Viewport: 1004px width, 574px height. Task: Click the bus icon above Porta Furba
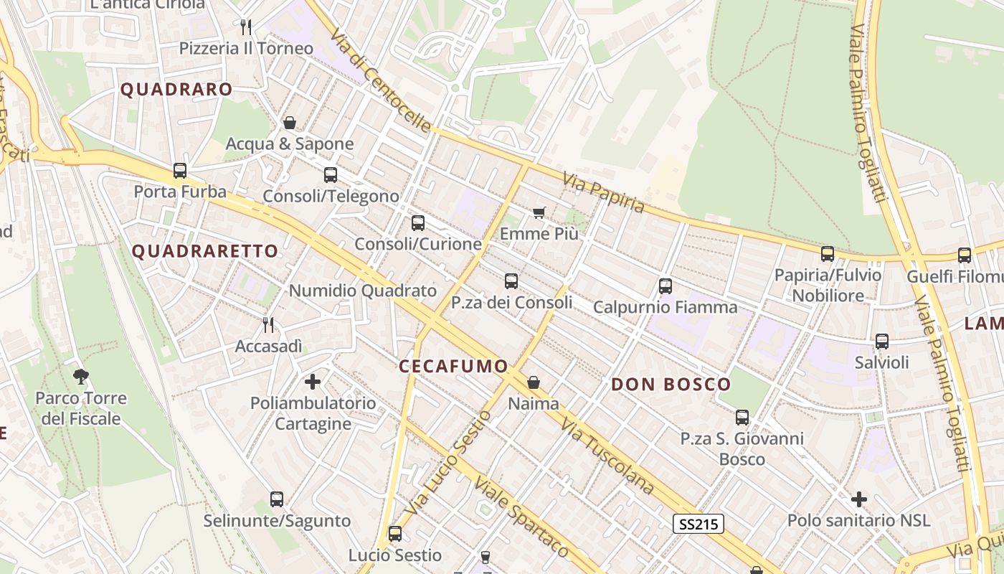(x=180, y=171)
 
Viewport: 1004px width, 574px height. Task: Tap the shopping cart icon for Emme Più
(x=539, y=212)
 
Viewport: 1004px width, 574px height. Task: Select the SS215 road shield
(x=698, y=524)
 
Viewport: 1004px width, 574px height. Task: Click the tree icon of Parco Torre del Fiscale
(x=81, y=376)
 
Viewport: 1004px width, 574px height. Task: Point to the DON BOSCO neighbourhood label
(x=671, y=385)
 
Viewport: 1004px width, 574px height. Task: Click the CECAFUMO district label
(x=453, y=366)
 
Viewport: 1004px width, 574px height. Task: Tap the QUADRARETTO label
(x=205, y=251)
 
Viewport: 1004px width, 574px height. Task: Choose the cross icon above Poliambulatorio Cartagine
(x=313, y=381)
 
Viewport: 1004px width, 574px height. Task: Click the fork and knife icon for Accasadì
(x=268, y=325)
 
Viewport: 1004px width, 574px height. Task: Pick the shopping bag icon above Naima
(x=533, y=382)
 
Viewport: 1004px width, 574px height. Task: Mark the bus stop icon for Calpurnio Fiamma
(x=665, y=286)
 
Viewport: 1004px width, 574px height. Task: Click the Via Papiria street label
(x=604, y=192)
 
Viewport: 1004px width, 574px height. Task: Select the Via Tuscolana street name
(x=608, y=456)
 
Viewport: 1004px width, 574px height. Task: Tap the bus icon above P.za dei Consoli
(x=511, y=281)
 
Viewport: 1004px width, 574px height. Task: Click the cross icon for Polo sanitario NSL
(x=858, y=499)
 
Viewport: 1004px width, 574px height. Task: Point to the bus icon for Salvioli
(x=881, y=342)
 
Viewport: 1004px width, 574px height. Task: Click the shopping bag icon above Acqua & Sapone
(x=290, y=123)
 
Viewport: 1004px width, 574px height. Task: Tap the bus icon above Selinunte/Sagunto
(x=277, y=499)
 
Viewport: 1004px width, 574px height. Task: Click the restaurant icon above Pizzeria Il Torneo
(x=246, y=27)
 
